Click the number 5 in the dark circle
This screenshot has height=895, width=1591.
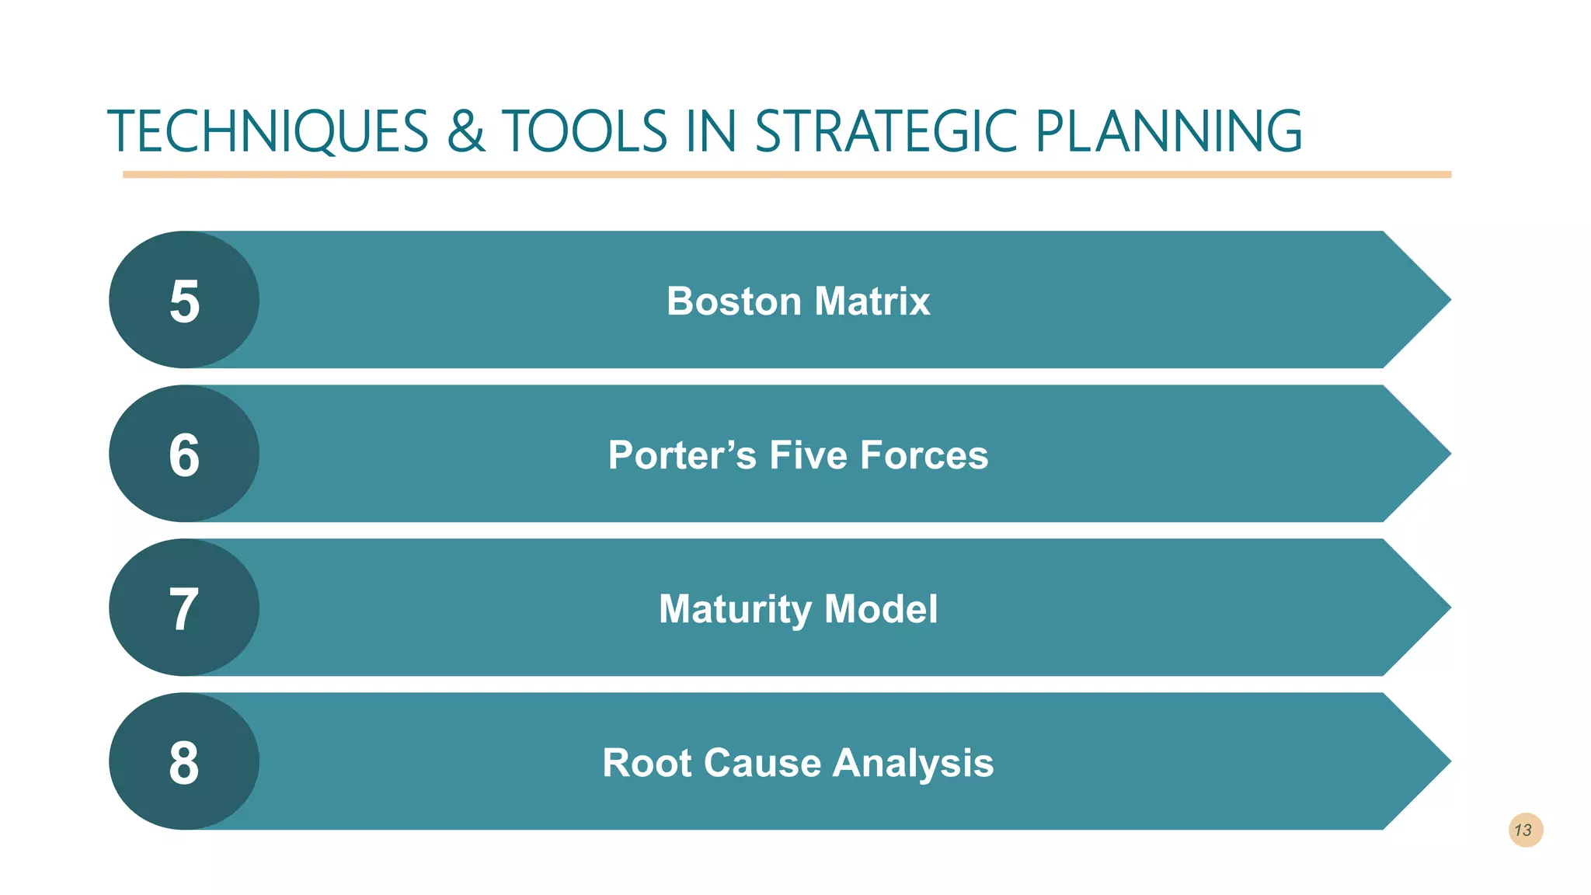coord(185,301)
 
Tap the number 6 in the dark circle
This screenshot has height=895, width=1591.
coord(185,455)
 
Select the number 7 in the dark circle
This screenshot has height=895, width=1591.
coord(185,609)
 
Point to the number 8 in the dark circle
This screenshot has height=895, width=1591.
coord(185,763)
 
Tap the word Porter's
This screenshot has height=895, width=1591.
coord(681,455)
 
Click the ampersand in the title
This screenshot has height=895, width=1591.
coord(465,131)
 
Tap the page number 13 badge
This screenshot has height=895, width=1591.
coord(1525,831)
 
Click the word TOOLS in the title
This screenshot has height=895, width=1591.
coord(585,131)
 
